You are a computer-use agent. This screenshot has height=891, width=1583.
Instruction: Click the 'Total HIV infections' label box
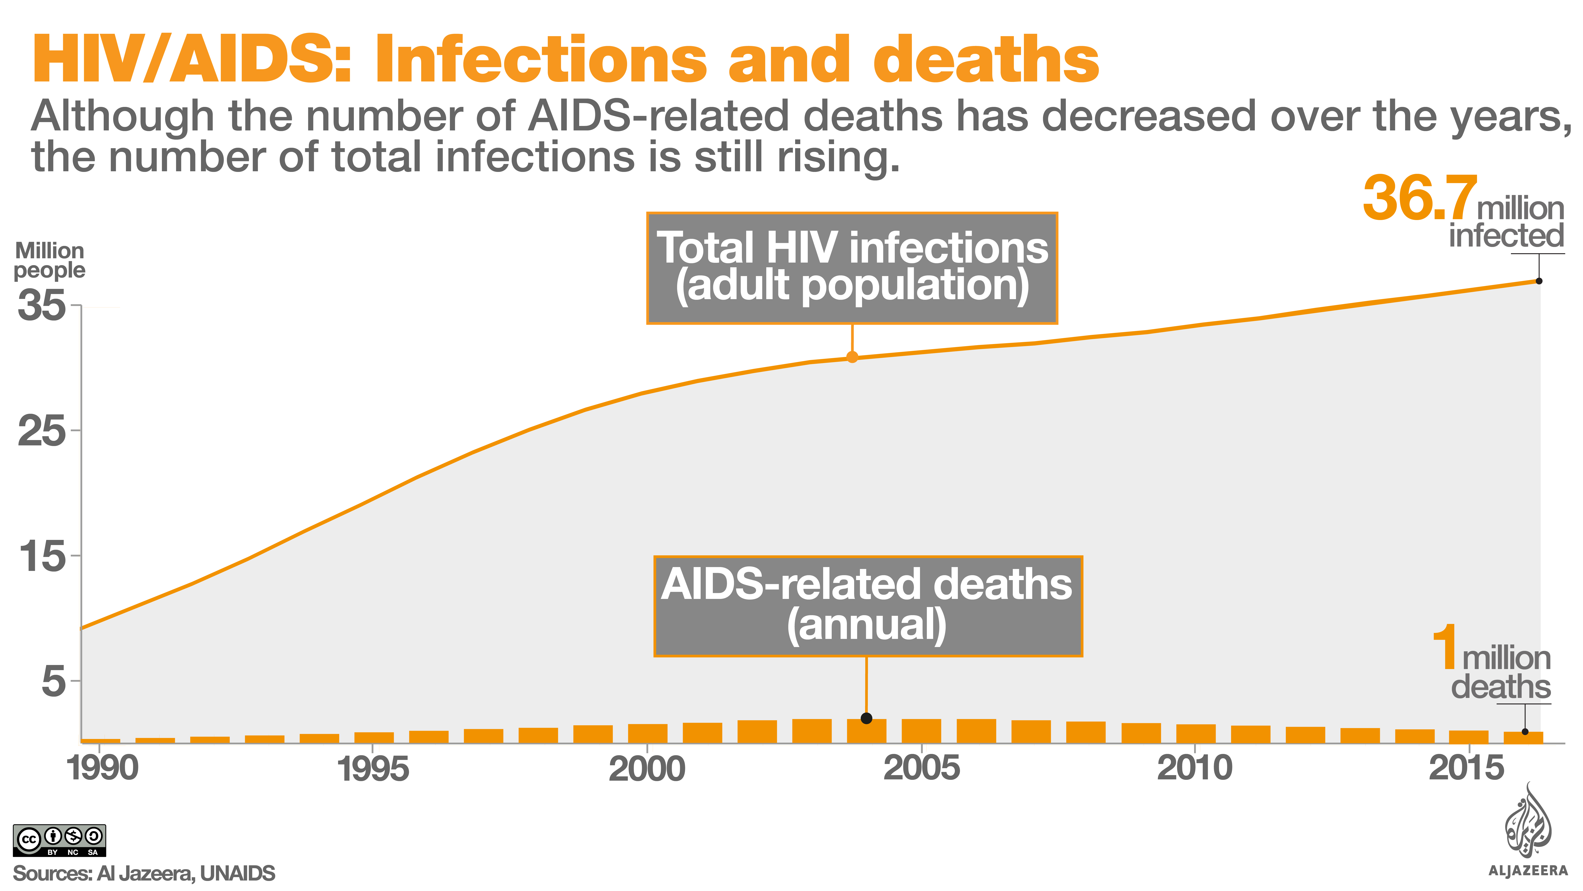[x=852, y=268]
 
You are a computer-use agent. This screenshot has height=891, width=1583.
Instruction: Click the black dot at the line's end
[x=1539, y=281]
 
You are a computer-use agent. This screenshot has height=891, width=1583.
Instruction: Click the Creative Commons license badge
[x=60, y=840]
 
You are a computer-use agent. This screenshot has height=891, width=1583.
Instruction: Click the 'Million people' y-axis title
[x=49, y=260]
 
